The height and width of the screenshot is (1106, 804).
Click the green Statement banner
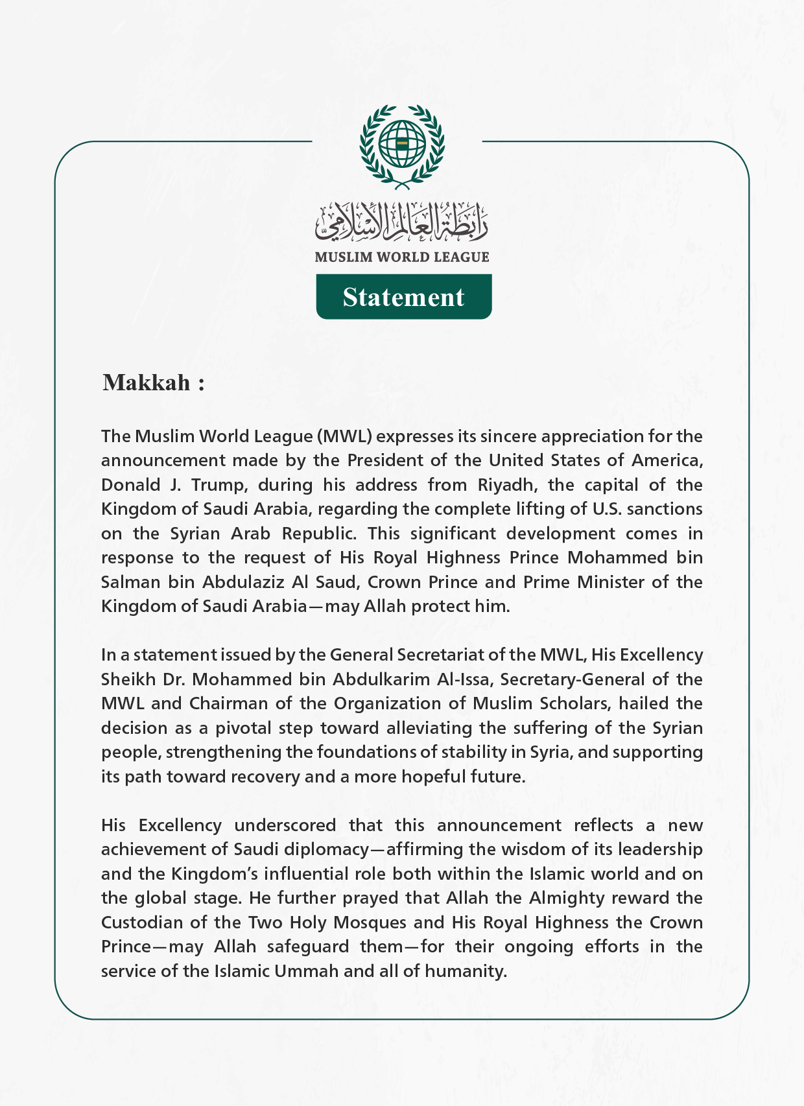(x=403, y=297)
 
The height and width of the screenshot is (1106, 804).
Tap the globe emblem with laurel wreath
(x=402, y=145)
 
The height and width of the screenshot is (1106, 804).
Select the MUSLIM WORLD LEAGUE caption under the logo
(x=402, y=257)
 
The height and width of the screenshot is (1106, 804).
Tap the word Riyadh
(x=500, y=485)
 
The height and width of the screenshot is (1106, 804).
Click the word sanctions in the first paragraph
(x=665, y=510)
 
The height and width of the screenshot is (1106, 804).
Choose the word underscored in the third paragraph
(x=285, y=825)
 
